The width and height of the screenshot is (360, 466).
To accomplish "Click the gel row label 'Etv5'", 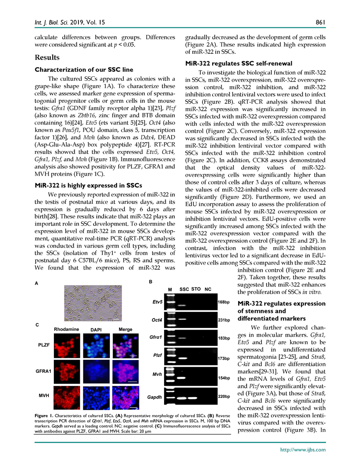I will pos(157,303).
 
